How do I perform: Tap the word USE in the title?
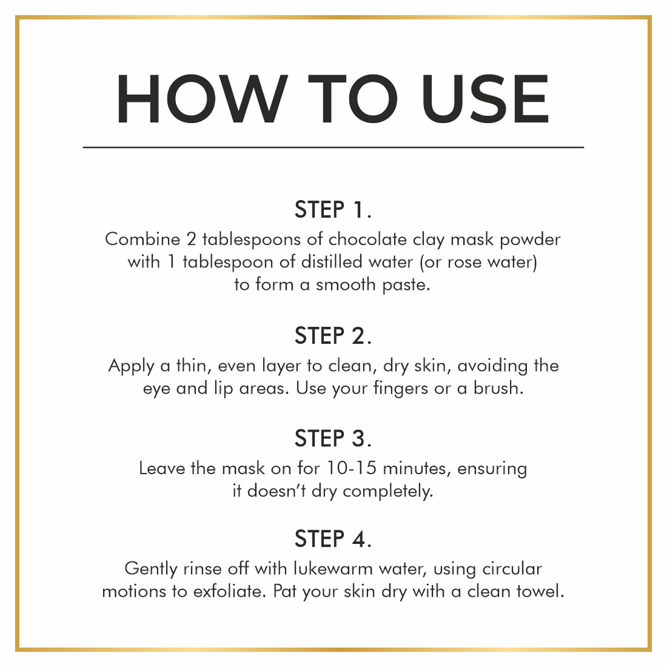[x=485, y=99]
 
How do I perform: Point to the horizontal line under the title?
[x=333, y=148]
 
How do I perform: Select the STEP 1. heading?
[x=333, y=209]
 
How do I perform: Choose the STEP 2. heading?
[x=333, y=335]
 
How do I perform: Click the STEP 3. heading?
[x=333, y=438]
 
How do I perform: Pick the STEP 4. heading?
[x=333, y=539]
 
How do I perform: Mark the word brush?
[x=498, y=388]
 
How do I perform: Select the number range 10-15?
[x=351, y=468]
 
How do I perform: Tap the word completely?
[x=388, y=492]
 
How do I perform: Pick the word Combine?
[x=143, y=239]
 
